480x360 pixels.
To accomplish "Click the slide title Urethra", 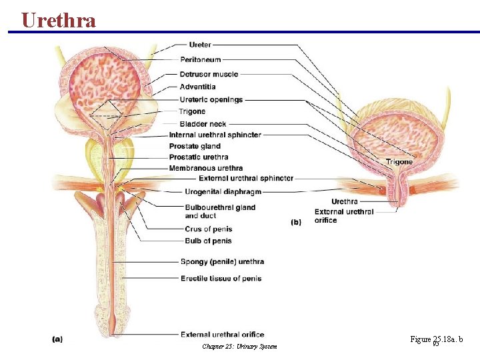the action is click(x=59, y=20).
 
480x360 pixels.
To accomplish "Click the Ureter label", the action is click(x=200, y=45).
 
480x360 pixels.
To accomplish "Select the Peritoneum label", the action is click(x=200, y=59).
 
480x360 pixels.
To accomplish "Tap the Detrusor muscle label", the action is click(x=209, y=74).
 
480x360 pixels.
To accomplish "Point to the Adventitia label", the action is click(x=197, y=87).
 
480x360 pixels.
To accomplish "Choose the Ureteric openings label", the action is click(x=211, y=99).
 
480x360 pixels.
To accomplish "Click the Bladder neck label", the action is click(x=203, y=124).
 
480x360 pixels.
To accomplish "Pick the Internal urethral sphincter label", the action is click(x=215, y=135).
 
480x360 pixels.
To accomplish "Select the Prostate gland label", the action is click(x=195, y=146).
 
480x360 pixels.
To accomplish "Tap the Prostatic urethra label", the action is click(x=199, y=157).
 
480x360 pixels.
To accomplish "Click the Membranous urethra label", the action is click(x=206, y=168).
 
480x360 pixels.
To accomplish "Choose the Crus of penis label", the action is click(x=208, y=229).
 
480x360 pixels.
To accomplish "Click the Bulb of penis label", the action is click(x=208, y=241).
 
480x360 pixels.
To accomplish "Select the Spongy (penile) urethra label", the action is click(x=222, y=261).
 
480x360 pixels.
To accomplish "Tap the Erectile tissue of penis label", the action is click(x=221, y=278).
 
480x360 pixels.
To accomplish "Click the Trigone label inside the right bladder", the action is click(x=399, y=162).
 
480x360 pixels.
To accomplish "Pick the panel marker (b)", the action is click(x=296, y=222).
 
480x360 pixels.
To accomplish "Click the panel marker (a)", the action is click(x=57, y=339).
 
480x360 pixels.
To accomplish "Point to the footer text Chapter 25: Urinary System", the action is click(x=239, y=347).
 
